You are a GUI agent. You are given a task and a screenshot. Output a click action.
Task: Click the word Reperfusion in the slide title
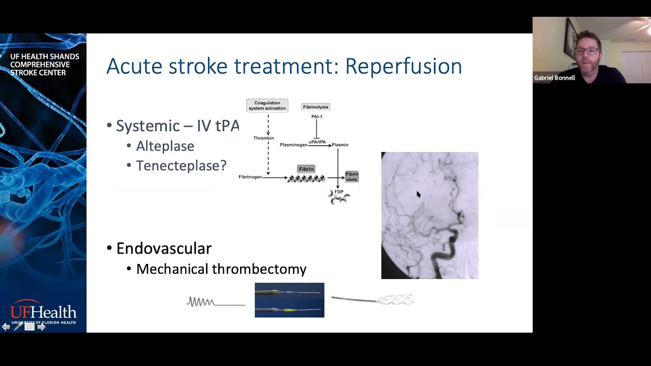[403, 67]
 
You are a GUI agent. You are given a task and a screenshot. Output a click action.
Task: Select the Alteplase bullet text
[165, 146]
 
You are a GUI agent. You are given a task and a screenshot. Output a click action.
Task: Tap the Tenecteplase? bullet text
[181, 166]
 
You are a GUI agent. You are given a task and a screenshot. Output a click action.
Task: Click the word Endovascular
[164, 249]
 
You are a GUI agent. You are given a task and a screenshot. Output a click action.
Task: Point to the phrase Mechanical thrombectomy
[221, 269]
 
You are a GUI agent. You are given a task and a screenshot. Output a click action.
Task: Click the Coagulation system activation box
[267, 105]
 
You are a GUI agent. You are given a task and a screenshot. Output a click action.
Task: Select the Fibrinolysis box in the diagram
[315, 107]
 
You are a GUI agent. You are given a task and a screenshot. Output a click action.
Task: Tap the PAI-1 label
[316, 116]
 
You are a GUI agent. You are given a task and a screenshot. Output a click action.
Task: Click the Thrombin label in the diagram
[263, 138]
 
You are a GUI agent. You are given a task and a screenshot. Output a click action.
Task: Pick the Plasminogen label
[293, 145]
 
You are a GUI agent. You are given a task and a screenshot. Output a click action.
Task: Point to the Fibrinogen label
[250, 177]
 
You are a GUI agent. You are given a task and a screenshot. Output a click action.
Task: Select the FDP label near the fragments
[339, 192]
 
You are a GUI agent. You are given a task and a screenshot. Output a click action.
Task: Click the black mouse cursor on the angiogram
[418, 194]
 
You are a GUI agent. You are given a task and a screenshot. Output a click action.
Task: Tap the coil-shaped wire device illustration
[201, 302]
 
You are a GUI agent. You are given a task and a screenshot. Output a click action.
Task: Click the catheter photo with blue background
[289, 300]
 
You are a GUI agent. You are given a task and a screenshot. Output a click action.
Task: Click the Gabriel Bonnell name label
[554, 78]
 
